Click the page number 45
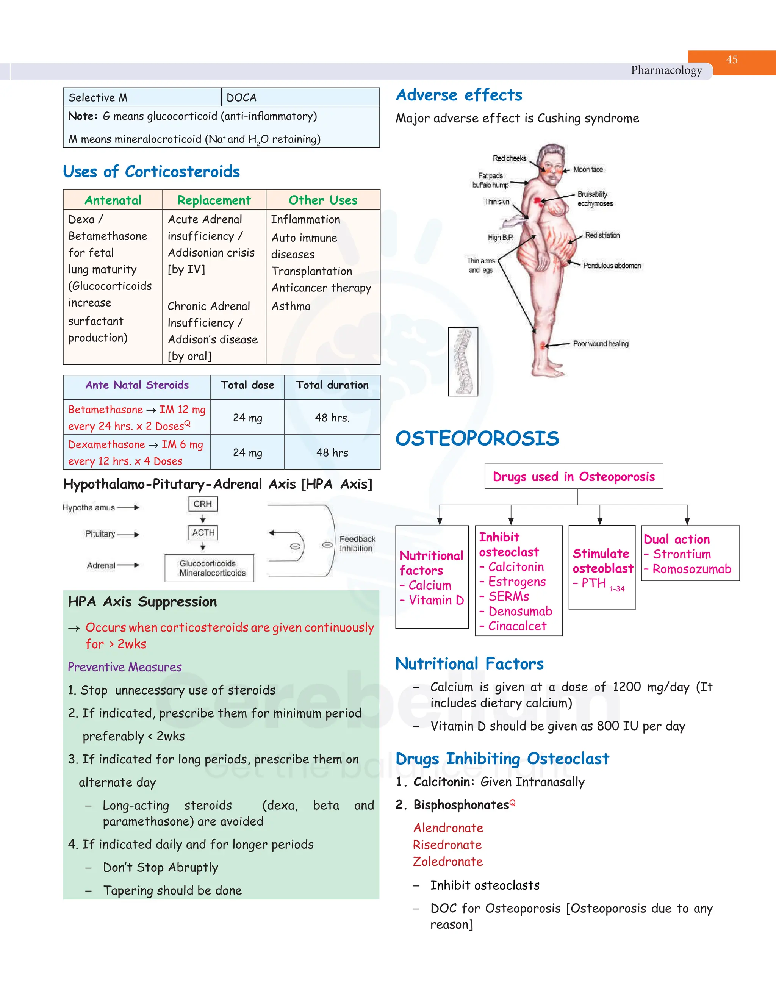[x=732, y=59]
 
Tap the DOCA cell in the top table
[x=242, y=97]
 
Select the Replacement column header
[x=214, y=200]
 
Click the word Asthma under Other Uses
[x=291, y=306]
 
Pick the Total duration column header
[x=332, y=385]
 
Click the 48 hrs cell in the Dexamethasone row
[x=332, y=452]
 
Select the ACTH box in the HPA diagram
[x=203, y=532]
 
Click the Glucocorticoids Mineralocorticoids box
[x=209, y=568]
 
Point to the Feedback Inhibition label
[x=357, y=544]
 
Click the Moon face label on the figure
[x=588, y=169]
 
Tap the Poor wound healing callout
[x=601, y=344]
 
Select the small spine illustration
[x=463, y=361]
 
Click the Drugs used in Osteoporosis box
[x=574, y=476]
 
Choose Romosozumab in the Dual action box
[x=692, y=569]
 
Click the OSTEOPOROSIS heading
[x=477, y=438]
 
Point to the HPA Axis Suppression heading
[x=142, y=602]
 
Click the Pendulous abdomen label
[x=612, y=266]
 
